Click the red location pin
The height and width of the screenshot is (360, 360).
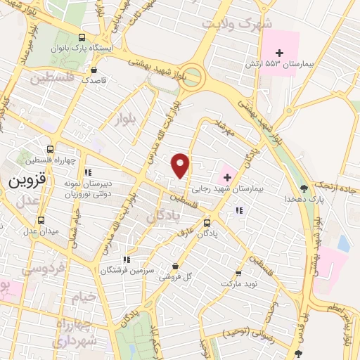(x=181, y=165)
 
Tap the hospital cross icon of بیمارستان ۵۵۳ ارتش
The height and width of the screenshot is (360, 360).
(x=279, y=53)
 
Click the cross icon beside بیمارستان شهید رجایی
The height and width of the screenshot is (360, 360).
(x=226, y=175)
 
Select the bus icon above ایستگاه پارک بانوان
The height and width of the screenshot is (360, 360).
(x=82, y=38)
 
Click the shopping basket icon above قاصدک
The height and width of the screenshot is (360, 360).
(x=94, y=70)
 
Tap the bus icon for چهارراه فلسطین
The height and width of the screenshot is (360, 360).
(x=49, y=149)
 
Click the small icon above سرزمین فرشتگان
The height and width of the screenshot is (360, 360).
(x=127, y=259)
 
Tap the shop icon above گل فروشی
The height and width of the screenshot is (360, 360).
(x=175, y=266)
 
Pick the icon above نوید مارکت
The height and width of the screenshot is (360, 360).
(x=238, y=273)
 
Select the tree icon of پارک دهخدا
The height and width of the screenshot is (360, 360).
(x=303, y=188)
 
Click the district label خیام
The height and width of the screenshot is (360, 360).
(x=82, y=297)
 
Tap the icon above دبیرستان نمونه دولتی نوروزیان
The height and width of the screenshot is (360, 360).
(x=87, y=172)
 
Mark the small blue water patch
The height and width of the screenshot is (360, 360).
(x=343, y=243)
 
